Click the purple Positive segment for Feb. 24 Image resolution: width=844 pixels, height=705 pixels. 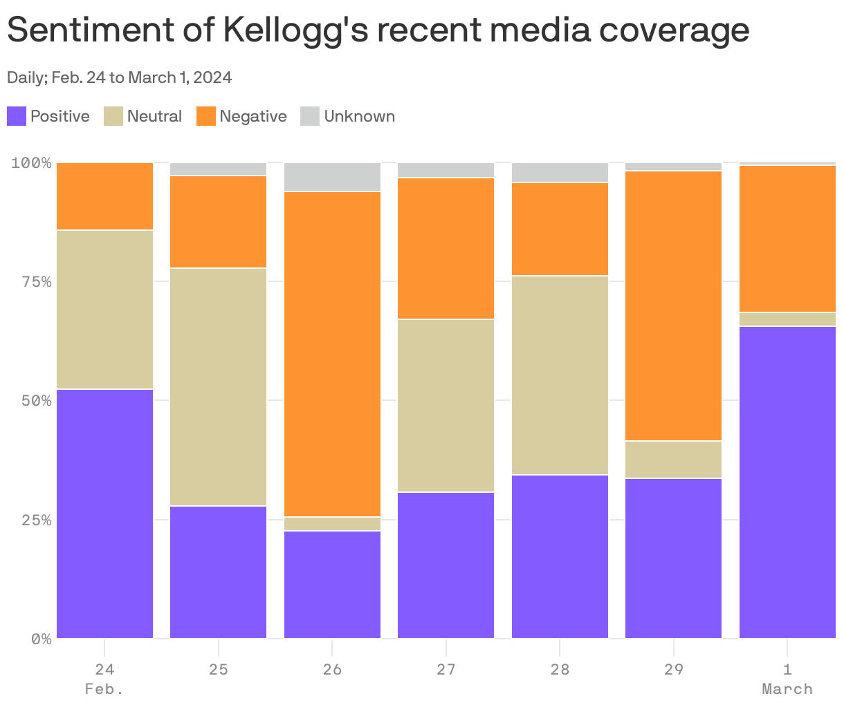104,513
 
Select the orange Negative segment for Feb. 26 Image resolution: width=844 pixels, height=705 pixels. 332,354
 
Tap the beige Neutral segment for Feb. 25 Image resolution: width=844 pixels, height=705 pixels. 218,386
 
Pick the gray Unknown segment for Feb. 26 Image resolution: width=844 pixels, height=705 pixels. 332,177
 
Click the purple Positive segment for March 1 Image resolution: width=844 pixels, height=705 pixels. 787,482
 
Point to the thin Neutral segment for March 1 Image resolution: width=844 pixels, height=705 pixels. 787,319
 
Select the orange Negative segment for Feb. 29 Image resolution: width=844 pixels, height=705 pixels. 673,305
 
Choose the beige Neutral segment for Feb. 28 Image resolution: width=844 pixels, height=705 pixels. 560,375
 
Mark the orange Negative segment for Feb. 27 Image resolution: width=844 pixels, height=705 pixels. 446,248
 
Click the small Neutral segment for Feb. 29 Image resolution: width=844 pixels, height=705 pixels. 673,459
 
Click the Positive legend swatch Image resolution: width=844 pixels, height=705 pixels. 17,116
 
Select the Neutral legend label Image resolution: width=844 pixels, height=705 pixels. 154,116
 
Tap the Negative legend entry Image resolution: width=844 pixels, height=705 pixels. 241,116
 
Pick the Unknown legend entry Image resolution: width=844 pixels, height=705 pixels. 348,116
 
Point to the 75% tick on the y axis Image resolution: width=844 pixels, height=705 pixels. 31,281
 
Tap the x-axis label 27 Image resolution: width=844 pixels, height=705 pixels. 446,669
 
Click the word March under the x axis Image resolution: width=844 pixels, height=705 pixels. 787,689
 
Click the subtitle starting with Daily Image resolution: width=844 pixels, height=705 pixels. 119,77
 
